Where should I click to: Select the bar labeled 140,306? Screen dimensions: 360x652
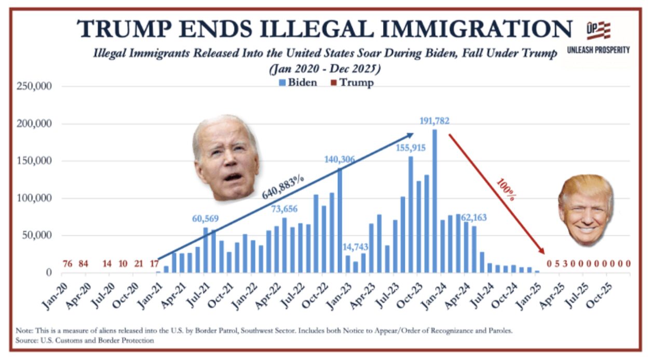tap(340, 220)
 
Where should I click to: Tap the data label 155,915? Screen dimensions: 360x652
tap(411, 148)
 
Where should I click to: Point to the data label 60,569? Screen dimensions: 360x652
tap(206, 219)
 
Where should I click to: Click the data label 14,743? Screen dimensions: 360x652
tap(355, 247)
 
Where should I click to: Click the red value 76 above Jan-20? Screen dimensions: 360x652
tap(67, 264)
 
